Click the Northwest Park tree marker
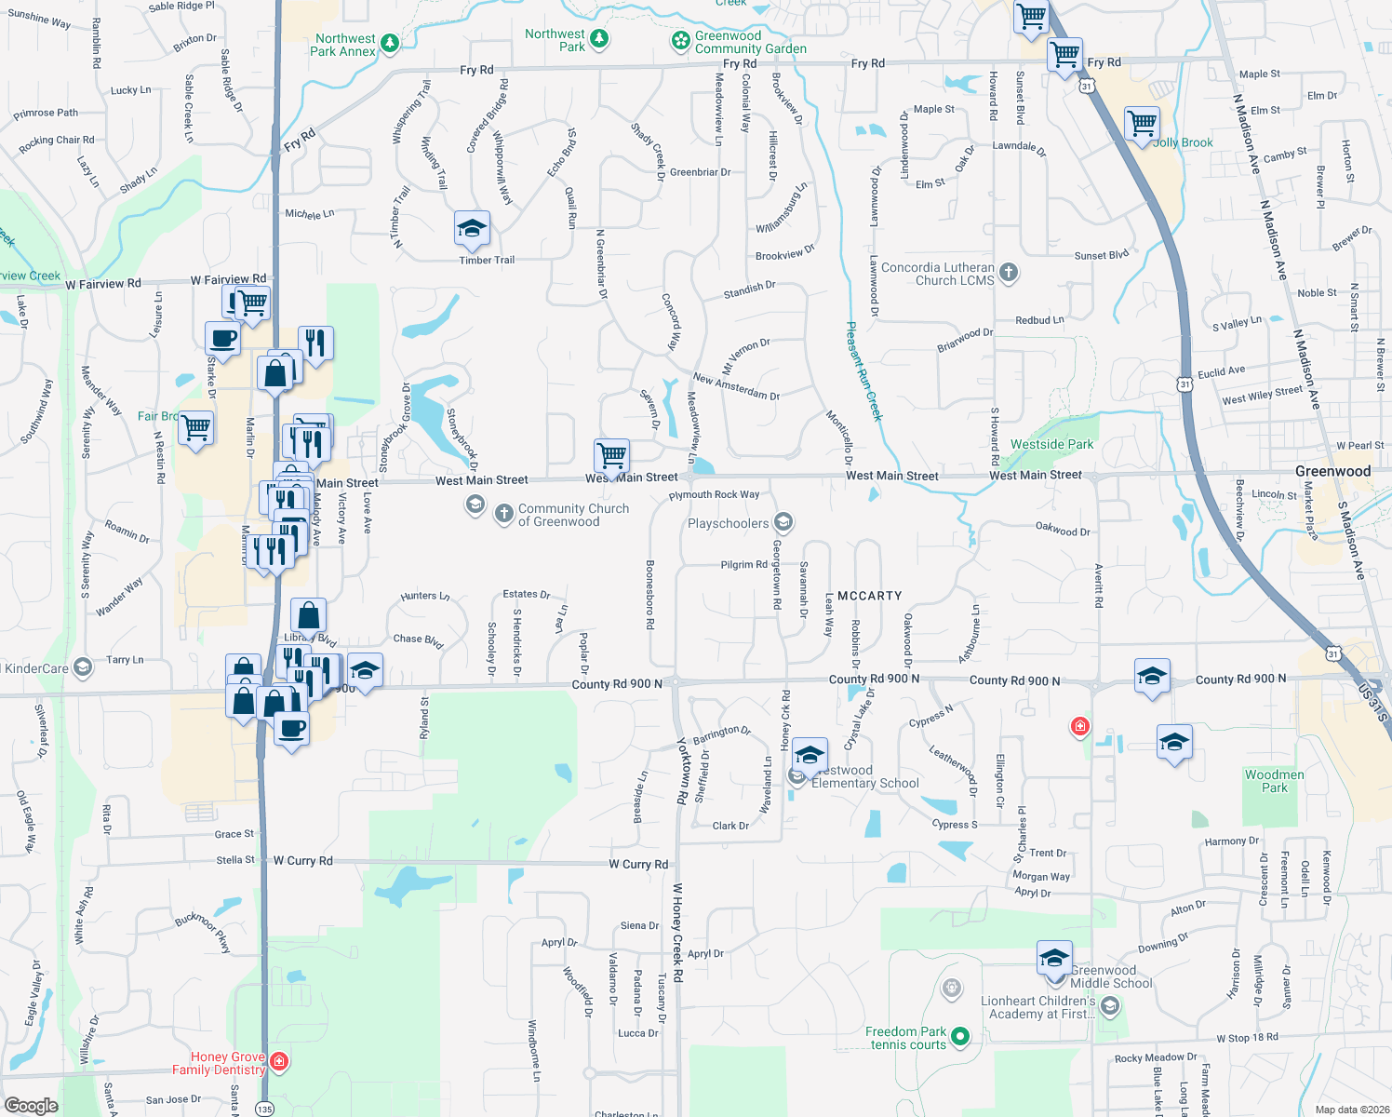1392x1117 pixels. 600,39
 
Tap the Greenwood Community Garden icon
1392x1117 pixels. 681,41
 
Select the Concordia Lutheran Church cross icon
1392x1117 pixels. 1009,273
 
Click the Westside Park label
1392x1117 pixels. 1051,444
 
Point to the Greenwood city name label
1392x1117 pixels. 1332,471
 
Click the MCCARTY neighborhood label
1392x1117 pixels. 869,596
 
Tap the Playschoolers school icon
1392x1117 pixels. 783,522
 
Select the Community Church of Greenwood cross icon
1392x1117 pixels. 503,514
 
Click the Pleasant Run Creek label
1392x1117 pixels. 863,371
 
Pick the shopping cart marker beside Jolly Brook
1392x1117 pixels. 1142,123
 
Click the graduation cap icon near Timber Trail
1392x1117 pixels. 472,228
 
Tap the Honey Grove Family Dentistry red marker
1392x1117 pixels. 279,1061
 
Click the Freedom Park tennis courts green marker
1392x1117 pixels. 960,1036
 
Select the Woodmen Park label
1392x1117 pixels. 1274,781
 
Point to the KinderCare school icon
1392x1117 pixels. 83,667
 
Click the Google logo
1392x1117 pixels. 31,1106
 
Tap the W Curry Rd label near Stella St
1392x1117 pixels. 302,861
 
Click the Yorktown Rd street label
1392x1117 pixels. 683,770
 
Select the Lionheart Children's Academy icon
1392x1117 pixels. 1109,1006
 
